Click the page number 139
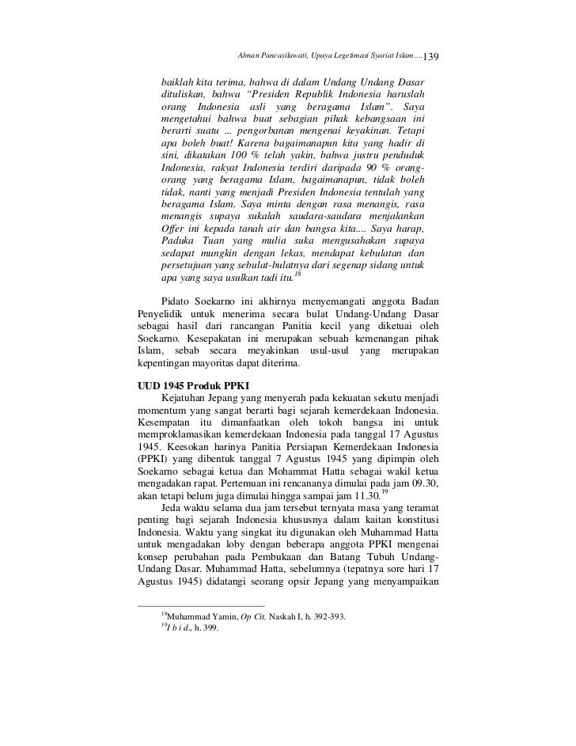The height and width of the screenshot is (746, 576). (435, 56)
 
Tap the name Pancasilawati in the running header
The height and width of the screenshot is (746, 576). (291, 55)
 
